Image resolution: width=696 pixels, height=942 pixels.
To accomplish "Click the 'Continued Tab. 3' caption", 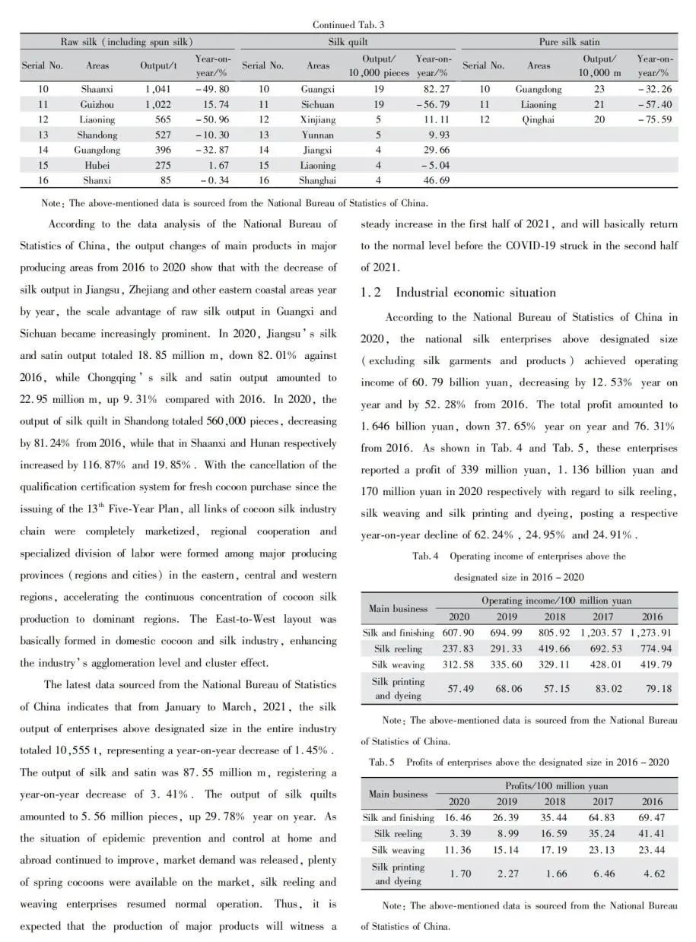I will (348, 25).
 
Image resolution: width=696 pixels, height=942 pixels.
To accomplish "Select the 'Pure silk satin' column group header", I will (569, 41).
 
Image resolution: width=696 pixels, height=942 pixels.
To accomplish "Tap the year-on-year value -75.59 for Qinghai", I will (653, 119).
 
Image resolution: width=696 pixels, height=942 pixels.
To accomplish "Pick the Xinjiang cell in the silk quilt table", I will (318, 119).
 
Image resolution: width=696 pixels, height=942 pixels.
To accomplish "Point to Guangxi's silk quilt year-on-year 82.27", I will (432, 89).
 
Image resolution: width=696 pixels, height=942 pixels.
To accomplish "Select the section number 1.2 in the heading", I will (371, 293).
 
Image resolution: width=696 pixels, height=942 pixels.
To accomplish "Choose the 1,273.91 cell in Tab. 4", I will (652, 633).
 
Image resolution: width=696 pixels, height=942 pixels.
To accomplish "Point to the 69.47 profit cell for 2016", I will (652, 817).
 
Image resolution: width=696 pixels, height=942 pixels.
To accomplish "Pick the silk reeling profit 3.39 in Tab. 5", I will (459, 833).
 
